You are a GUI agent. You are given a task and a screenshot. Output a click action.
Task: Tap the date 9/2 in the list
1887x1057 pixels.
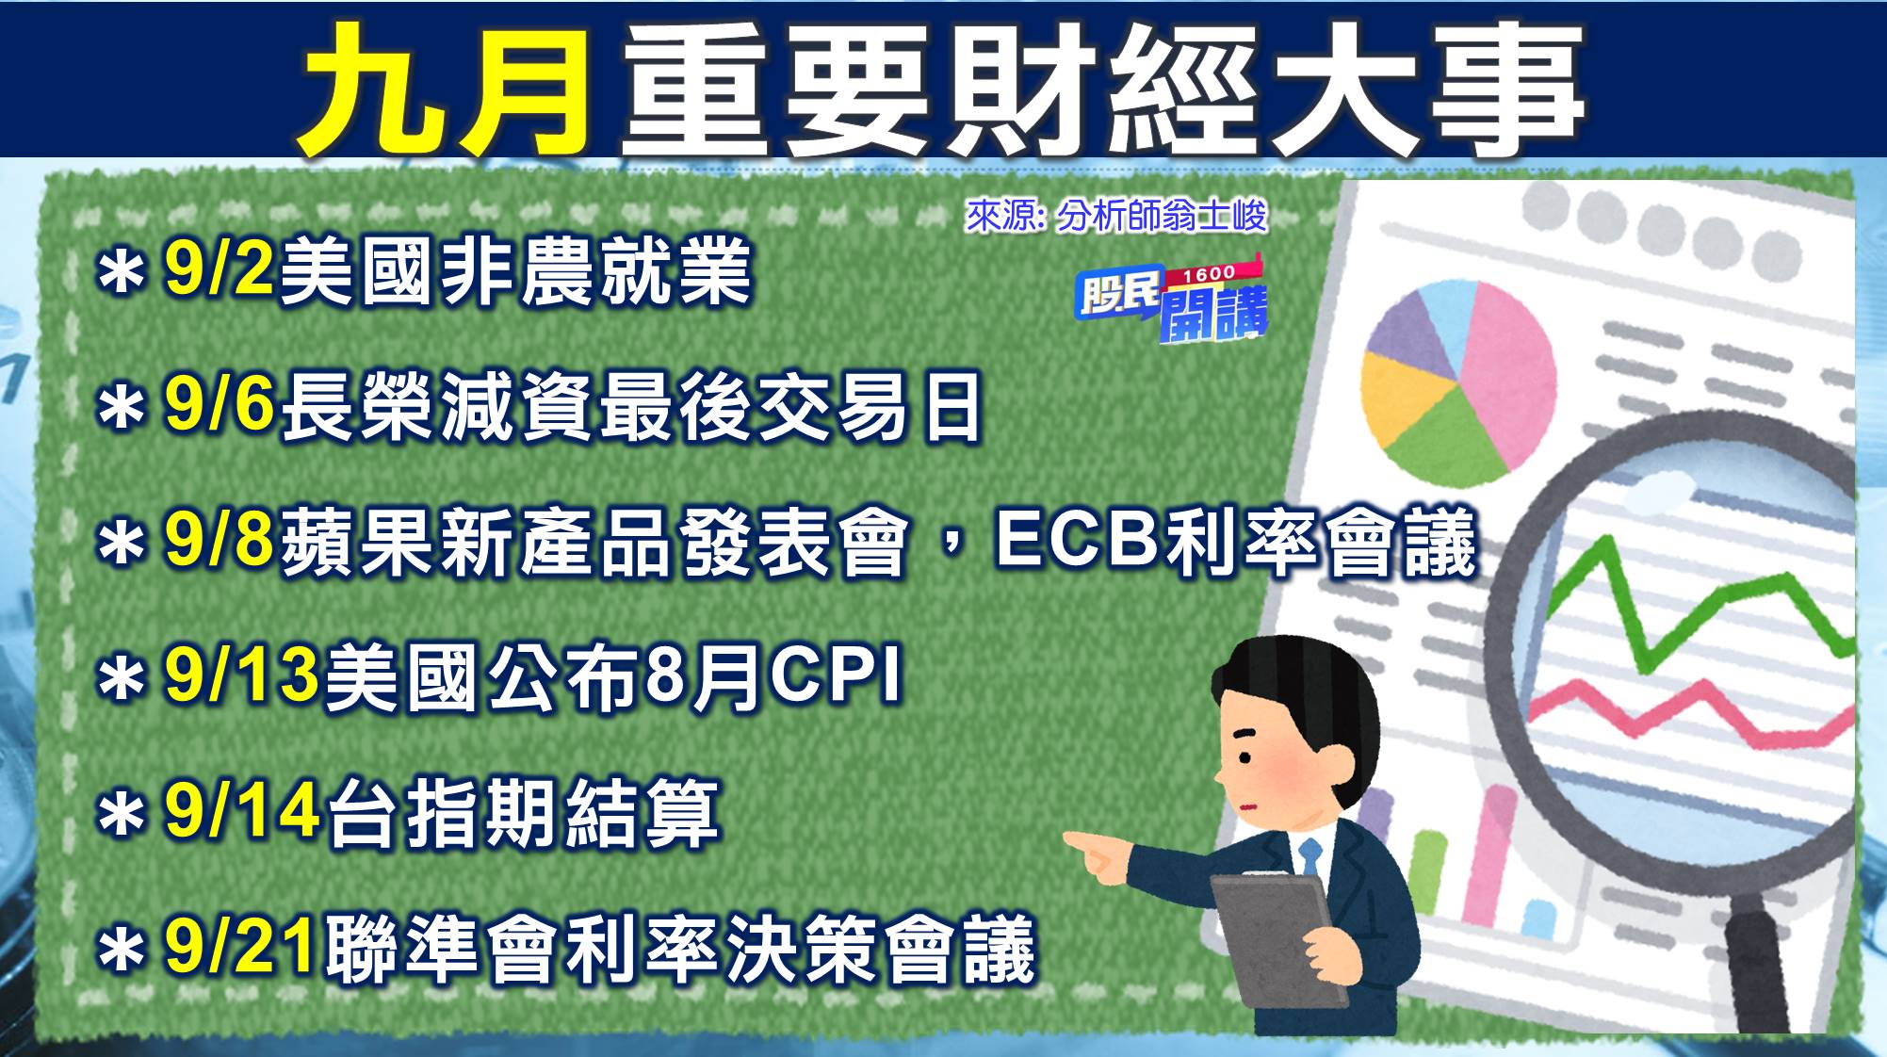click(x=220, y=268)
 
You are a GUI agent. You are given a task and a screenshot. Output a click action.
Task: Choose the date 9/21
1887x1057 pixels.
click(x=240, y=946)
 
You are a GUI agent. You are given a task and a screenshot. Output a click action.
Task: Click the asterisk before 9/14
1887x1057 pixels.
click(x=122, y=814)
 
